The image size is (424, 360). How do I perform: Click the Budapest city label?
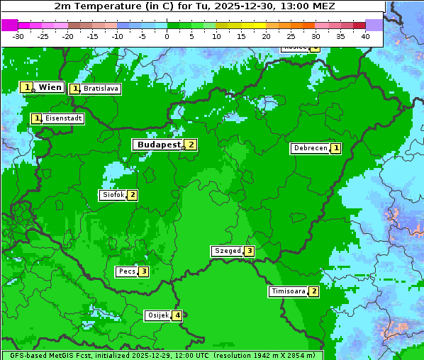click(x=159, y=145)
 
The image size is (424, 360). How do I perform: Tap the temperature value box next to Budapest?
click(x=191, y=145)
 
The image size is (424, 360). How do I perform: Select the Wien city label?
click(x=50, y=87)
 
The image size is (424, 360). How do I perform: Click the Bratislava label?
click(x=100, y=89)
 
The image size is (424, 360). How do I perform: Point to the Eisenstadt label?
click(x=63, y=118)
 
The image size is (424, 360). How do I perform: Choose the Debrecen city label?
click(x=310, y=149)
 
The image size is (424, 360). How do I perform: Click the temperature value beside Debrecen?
click(x=336, y=149)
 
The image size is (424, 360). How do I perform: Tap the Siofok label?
click(x=113, y=195)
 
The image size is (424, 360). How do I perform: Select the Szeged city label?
click(x=228, y=251)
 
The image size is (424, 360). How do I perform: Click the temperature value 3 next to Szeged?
click(x=249, y=251)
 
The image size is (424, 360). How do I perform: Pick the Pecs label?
click(x=127, y=271)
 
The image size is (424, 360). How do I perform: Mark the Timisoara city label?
click(x=289, y=291)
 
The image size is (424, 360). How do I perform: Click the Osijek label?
click(x=157, y=315)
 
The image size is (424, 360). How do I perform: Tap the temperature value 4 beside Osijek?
click(x=178, y=315)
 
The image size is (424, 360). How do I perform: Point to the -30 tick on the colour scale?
click(x=18, y=36)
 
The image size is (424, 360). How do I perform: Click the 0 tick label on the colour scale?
click(x=167, y=36)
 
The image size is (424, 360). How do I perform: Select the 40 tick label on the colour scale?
click(x=365, y=36)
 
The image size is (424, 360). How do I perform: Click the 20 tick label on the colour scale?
click(x=266, y=36)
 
